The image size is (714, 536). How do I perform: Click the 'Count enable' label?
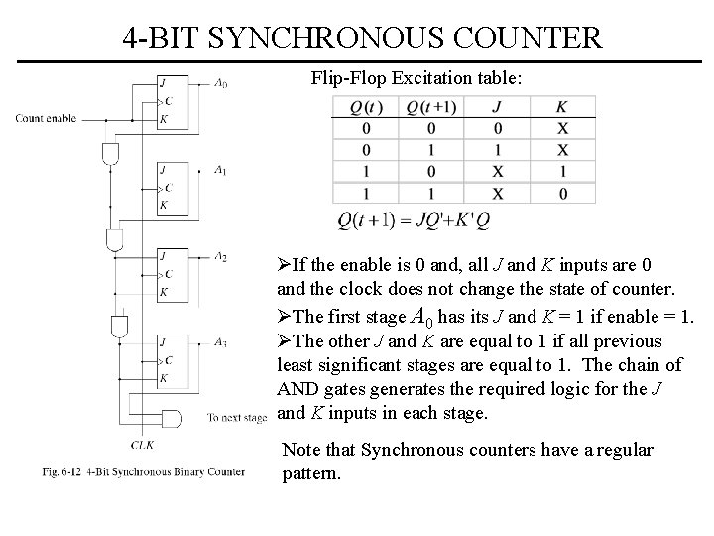tap(46, 119)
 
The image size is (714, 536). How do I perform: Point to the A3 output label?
tap(220, 343)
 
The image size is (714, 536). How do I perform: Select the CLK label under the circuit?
tap(142, 444)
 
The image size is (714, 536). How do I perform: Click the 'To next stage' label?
tap(238, 417)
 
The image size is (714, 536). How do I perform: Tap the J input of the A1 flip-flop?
tap(162, 169)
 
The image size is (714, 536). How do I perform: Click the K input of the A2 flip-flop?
tap(162, 292)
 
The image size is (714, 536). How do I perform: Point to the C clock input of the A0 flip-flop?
tap(166, 101)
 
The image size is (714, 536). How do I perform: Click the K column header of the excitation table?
tap(562, 107)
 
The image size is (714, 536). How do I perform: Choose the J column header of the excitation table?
tap(497, 107)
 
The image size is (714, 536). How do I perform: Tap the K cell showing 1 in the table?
tap(562, 172)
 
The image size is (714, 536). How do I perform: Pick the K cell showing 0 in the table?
tap(562, 193)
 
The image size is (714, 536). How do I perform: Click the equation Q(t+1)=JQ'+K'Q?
tap(414, 220)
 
